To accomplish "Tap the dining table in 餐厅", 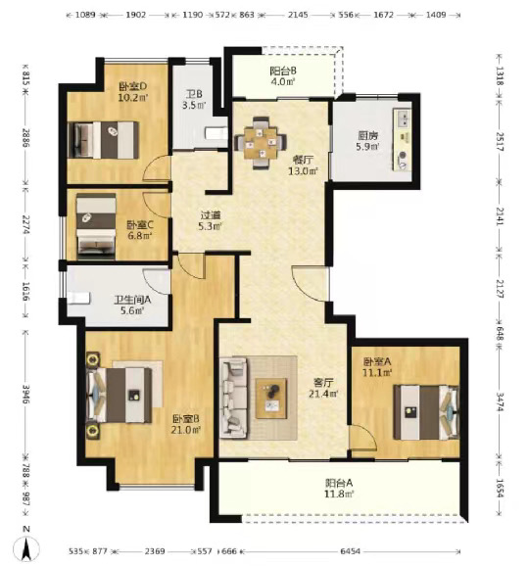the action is tap(261, 143).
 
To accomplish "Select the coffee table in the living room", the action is tap(271, 399).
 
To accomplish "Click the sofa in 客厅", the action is tap(234, 398).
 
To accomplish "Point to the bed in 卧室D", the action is tap(103, 140).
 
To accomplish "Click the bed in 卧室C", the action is tap(96, 226).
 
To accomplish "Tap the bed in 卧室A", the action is tap(426, 412).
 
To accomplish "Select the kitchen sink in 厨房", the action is tap(404, 118).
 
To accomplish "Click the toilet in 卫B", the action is tap(216, 133).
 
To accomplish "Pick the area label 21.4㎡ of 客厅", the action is tap(323, 394).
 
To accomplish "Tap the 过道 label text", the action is tap(211, 215).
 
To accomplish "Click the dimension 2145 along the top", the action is tap(299, 15).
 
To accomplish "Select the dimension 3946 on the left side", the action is tap(25, 395).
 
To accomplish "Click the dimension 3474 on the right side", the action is tap(500, 401).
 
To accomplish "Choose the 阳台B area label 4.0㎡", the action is tap(283, 82).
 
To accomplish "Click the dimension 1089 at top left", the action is tap(85, 15).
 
